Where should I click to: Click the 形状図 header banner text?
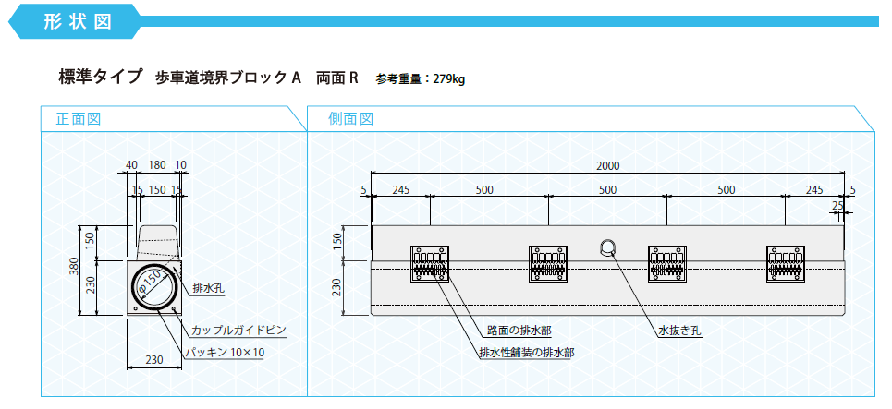[x=77, y=21]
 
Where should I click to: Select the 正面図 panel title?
[x=78, y=119]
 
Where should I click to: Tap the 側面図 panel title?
[x=350, y=119]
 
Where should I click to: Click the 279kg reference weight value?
[x=449, y=79]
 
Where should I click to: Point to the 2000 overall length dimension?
[x=607, y=166]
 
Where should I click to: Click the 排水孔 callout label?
[x=209, y=289]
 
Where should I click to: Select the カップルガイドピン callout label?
[x=238, y=330]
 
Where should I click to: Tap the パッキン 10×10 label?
[x=226, y=353]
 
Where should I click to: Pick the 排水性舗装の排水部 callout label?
[x=527, y=353]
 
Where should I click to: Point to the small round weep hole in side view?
[x=607, y=247]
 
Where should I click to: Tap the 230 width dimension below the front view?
[x=154, y=359]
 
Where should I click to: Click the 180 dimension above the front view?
[x=157, y=165]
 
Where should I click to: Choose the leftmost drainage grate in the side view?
[x=430, y=264]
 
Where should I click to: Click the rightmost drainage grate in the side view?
[x=785, y=264]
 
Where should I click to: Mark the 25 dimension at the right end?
[x=837, y=205]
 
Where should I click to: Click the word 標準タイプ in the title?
[x=100, y=77]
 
